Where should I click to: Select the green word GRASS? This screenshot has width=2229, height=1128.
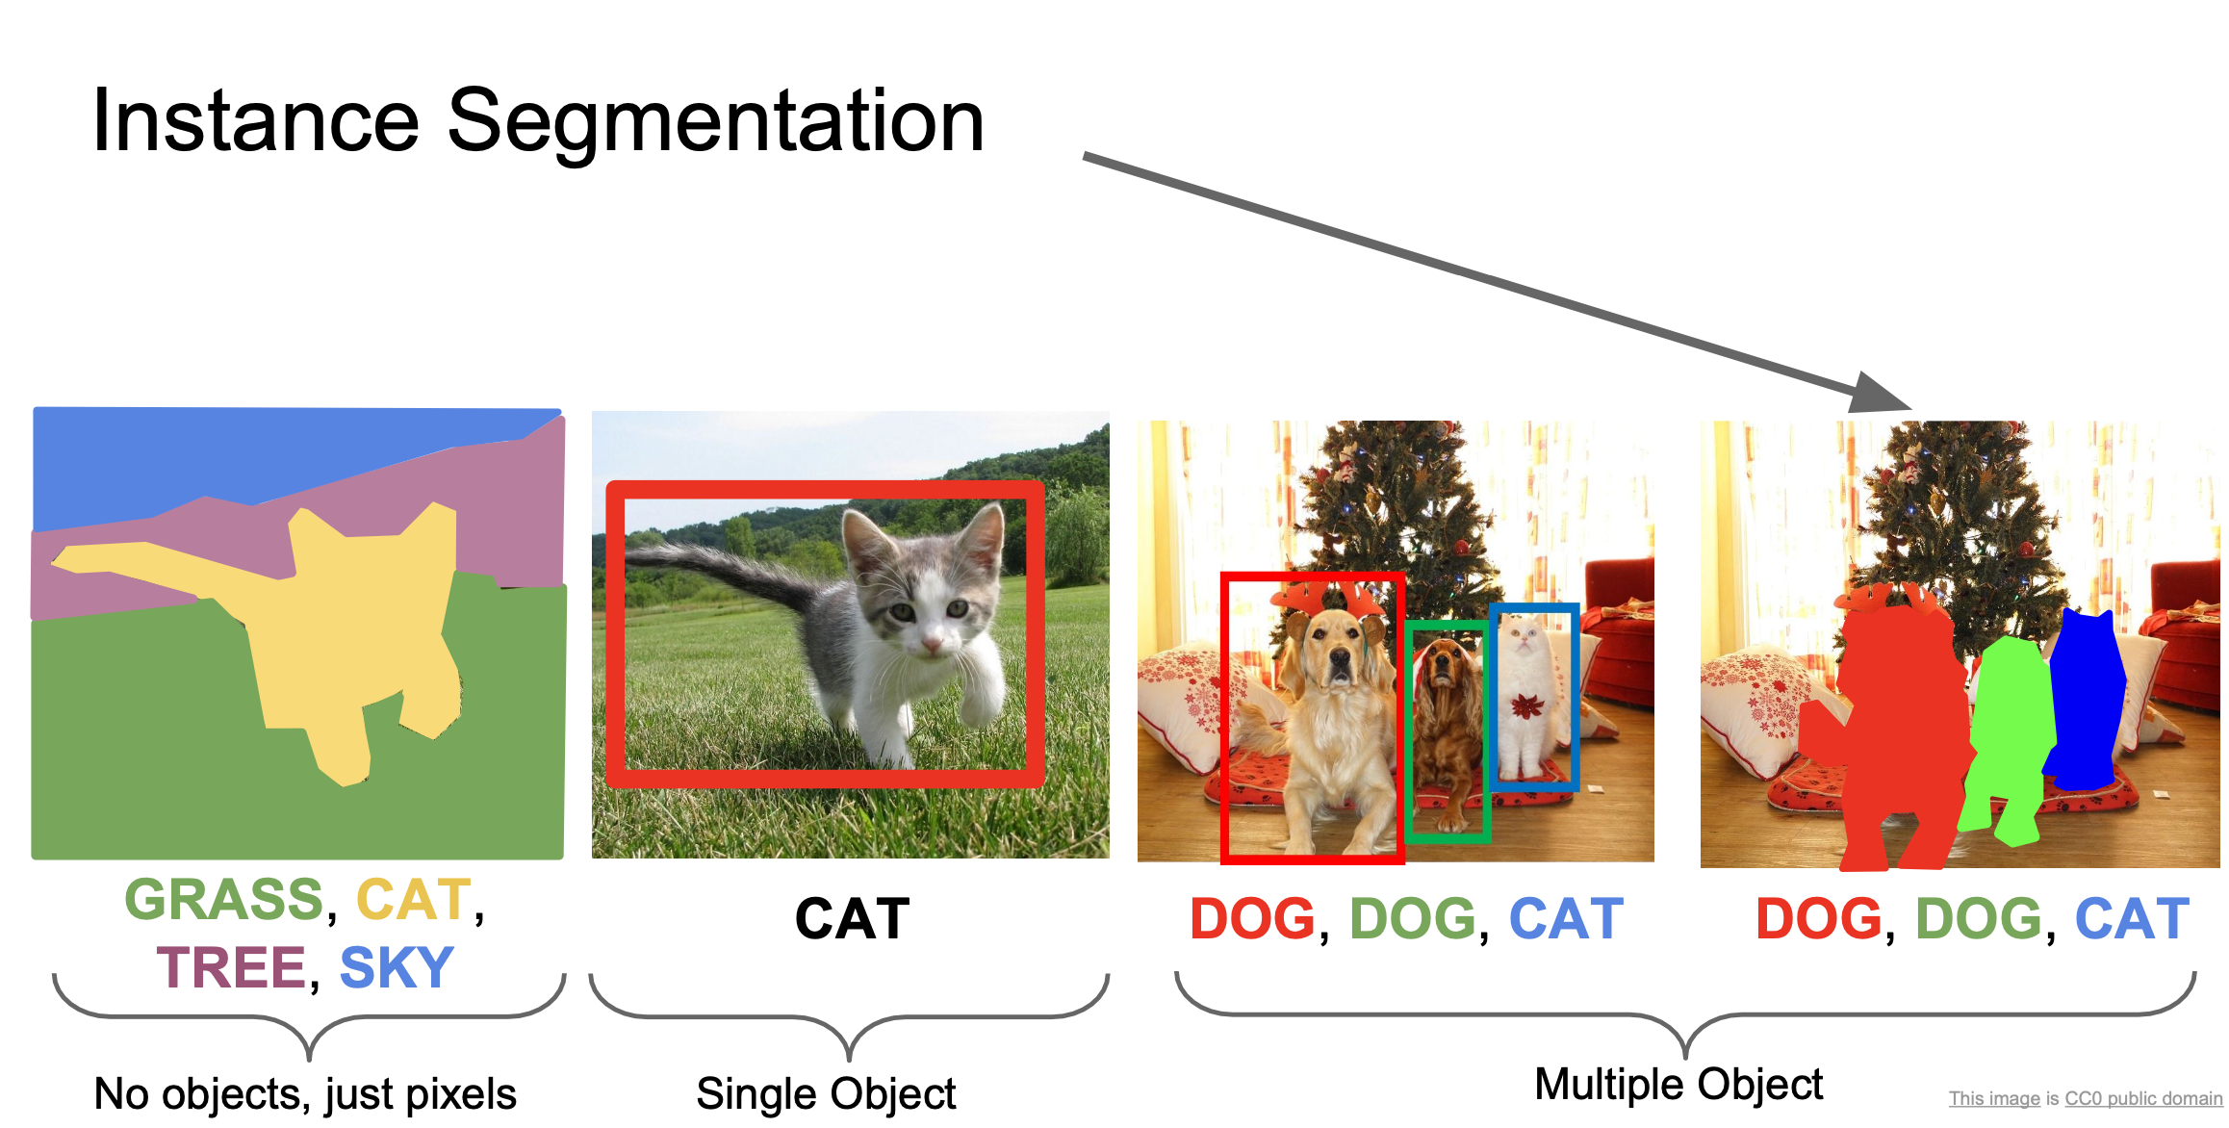(224, 901)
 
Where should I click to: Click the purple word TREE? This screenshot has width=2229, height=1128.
(231, 968)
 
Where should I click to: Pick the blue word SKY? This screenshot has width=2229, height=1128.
(397, 968)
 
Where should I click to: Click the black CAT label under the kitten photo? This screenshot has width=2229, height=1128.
(852, 919)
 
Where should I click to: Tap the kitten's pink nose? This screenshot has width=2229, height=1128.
(931, 642)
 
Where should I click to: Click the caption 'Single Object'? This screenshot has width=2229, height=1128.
(826, 1094)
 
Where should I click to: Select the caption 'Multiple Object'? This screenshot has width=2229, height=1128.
(1678, 1085)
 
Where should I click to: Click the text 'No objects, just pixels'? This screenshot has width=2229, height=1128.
(305, 1094)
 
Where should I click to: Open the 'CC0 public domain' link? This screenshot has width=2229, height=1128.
(2143, 1099)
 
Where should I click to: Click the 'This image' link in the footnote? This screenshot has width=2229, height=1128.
(1993, 1099)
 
